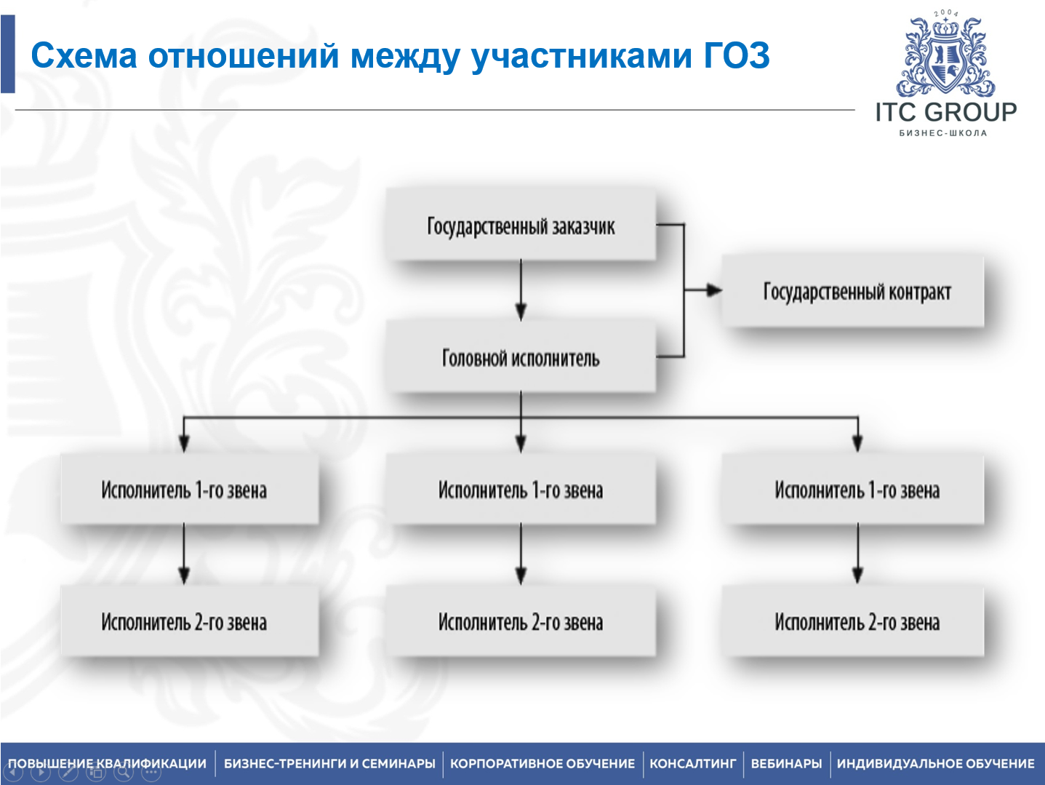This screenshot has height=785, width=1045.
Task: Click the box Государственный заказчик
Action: click(x=521, y=226)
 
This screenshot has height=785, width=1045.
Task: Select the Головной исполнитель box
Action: click(x=521, y=358)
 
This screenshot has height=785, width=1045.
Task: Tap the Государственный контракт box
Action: click(x=856, y=292)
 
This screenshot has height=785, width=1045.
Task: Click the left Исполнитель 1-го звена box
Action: click(x=184, y=490)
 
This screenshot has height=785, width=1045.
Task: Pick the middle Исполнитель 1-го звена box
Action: click(x=521, y=490)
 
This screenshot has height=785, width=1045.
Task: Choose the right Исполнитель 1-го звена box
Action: click(x=856, y=490)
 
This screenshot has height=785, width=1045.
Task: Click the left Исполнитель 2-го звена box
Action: click(x=184, y=622)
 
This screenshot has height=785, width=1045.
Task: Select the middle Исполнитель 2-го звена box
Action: click(x=521, y=622)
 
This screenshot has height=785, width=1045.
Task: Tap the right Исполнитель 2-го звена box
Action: click(x=856, y=622)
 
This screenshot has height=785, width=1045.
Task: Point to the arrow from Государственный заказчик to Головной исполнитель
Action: click(x=521, y=290)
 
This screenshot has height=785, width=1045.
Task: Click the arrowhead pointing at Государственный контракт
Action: click(x=714, y=290)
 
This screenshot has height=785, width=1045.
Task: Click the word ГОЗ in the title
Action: click(x=736, y=56)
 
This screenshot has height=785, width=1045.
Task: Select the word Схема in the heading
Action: click(x=84, y=56)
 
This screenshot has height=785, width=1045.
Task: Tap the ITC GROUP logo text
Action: click(x=945, y=112)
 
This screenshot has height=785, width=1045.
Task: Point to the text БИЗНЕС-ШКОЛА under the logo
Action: click(x=943, y=133)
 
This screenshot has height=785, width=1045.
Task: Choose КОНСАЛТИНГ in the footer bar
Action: click(x=692, y=763)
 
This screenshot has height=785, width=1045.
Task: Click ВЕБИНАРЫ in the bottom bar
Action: click(x=786, y=763)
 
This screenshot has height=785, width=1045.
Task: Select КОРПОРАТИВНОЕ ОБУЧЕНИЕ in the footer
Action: click(x=542, y=763)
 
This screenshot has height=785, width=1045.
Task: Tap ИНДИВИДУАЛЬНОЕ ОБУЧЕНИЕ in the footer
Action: click(x=935, y=763)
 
